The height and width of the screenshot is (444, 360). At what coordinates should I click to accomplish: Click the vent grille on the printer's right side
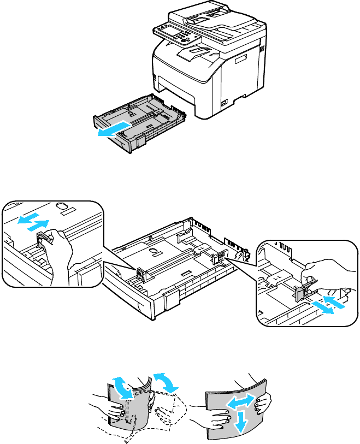(x=261, y=49)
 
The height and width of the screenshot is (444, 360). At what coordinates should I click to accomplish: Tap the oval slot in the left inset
(x=62, y=206)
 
